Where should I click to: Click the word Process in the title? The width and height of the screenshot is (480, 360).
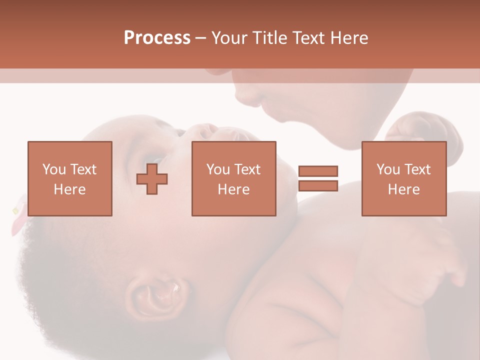click(x=157, y=38)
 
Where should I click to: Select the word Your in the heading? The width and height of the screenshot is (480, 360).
click(x=229, y=38)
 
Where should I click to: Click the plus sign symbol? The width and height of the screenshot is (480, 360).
click(x=152, y=179)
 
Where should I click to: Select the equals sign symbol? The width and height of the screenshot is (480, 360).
click(x=318, y=178)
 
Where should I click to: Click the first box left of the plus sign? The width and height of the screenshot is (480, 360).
click(x=69, y=178)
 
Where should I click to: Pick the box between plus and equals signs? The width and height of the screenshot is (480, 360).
click(x=233, y=178)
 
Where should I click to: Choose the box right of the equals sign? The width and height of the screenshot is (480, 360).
click(x=403, y=178)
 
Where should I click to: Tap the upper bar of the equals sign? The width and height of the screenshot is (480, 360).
click(x=318, y=171)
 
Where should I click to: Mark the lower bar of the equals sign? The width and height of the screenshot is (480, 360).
click(x=318, y=185)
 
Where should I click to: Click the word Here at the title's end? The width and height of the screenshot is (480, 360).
click(x=349, y=38)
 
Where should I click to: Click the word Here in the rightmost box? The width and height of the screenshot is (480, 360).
click(x=403, y=189)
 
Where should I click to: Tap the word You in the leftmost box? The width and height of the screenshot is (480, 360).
click(x=53, y=169)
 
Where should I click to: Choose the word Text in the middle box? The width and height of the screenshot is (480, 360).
click(x=247, y=169)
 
